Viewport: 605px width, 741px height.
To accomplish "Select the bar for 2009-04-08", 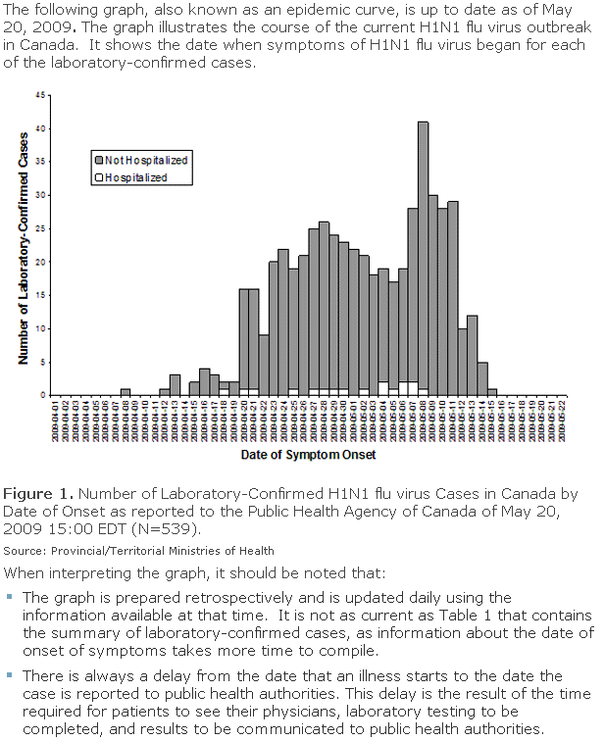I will [x=126, y=392].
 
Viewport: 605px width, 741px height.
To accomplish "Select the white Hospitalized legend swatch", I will [x=98, y=177].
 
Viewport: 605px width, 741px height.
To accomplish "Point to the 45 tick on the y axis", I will [x=40, y=96].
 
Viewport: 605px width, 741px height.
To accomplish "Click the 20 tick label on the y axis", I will [x=40, y=262].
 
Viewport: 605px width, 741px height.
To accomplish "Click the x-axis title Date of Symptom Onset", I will [x=308, y=455].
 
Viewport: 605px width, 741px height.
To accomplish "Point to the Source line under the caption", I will [x=139, y=551].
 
